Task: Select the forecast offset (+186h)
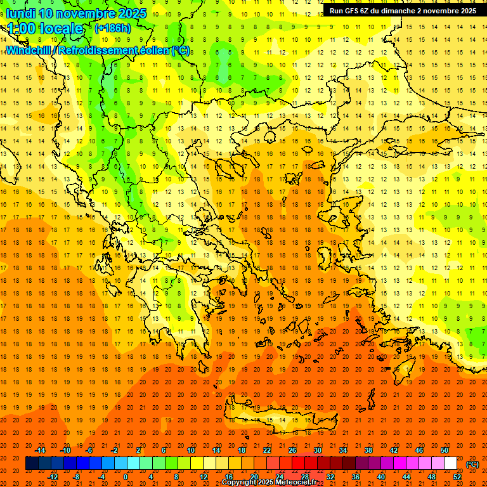tap(112, 28)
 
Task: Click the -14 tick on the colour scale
tap(41, 450)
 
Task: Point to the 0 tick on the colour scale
tap(126, 477)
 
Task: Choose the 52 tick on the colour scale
tap(457, 477)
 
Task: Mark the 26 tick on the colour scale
tap(292, 450)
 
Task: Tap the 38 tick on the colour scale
tap(368, 450)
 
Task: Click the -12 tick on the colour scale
tap(53, 477)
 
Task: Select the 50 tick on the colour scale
tap(445, 450)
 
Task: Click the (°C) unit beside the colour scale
tap(472, 464)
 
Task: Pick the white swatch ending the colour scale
tap(451, 464)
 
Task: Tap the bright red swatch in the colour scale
tap(298, 464)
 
